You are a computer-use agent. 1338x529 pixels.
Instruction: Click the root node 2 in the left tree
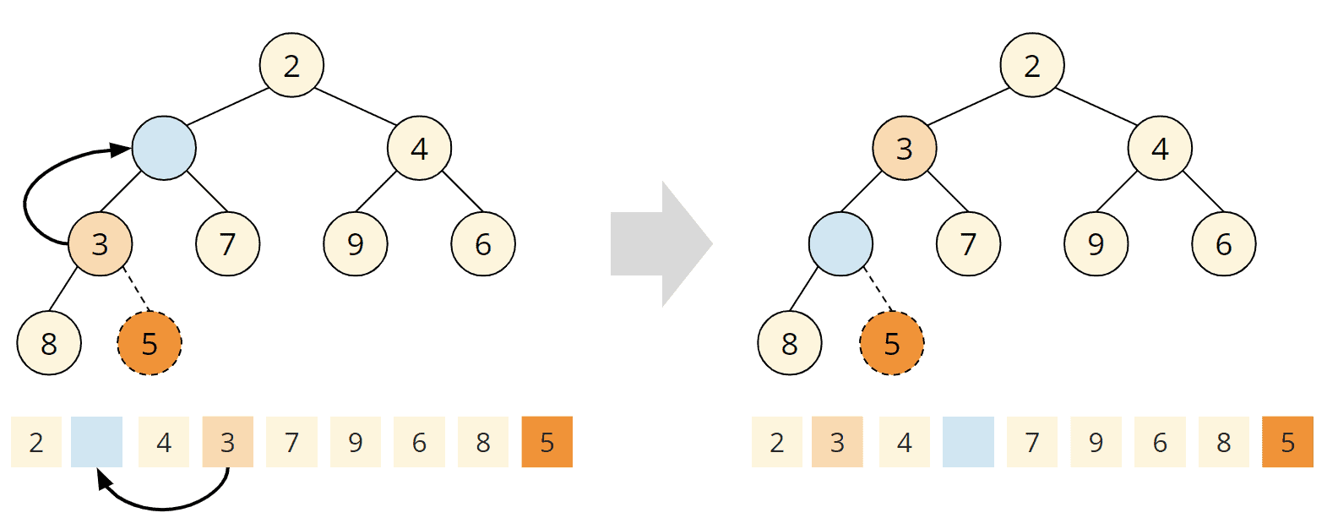pos(291,64)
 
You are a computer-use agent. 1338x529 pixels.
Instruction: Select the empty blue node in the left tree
pos(164,148)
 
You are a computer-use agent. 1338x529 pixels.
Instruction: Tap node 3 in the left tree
pos(100,244)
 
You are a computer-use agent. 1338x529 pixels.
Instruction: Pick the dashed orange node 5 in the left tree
pos(150,343)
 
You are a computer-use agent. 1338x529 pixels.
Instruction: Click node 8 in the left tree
pos(49,343)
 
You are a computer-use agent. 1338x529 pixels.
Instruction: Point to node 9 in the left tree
pos(356,244)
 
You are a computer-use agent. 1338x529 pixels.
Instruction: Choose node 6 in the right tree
pos(1224,244)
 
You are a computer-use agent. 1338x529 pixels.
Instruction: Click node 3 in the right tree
pos(905,148)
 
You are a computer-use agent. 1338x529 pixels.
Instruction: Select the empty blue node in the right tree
pos(840,244)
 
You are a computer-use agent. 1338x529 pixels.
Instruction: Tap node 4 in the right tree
pos(1160,148)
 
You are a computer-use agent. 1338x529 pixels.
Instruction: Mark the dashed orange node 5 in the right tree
pos(892,343)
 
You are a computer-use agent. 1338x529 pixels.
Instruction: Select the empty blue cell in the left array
pos(97,442)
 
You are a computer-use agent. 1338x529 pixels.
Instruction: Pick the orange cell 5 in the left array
pos(547,442)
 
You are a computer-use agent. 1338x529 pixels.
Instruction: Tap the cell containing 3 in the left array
pos(227,442)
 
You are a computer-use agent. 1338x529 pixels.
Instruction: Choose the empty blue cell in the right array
pos(968,442)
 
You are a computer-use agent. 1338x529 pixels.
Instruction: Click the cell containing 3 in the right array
pos(837,442)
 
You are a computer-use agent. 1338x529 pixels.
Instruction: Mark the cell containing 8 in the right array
pos(1224,442)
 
